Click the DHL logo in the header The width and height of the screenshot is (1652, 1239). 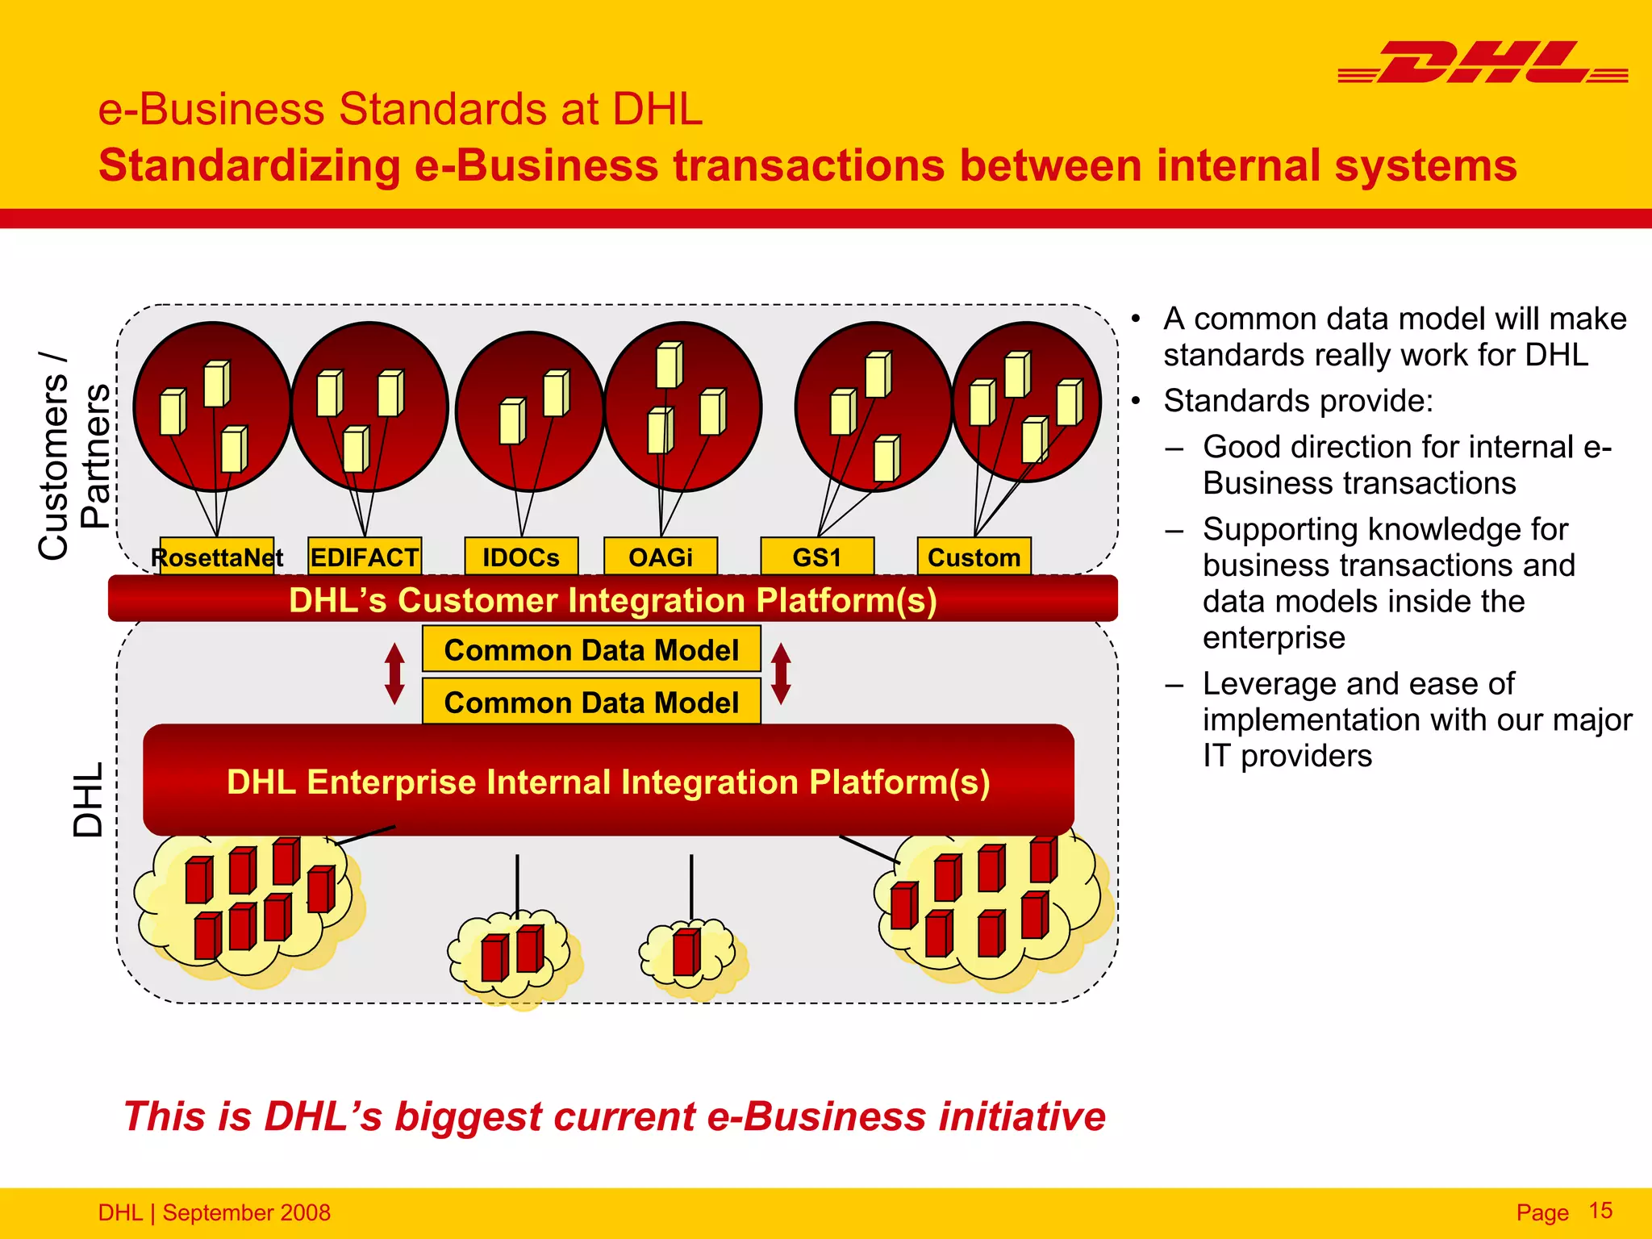1483,63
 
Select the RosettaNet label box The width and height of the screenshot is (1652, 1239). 216,557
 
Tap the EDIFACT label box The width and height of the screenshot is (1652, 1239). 365,557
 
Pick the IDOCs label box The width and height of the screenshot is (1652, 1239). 521,557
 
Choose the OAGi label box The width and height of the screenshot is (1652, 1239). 661,557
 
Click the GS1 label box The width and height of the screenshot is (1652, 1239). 817,557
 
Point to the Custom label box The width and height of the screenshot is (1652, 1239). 974,557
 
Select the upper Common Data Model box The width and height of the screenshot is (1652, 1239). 591,649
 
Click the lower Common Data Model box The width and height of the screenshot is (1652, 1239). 591,702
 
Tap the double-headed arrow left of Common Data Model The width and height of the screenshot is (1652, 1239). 394,674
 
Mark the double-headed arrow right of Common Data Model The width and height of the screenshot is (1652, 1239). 781,674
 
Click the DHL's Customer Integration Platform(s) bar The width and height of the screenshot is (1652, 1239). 613,599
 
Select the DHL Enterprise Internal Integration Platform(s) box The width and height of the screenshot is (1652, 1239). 608,781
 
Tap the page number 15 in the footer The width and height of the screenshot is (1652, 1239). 1600,1211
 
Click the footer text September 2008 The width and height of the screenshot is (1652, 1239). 246,1212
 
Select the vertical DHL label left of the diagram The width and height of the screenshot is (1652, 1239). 89,799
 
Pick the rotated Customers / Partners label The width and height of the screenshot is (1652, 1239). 74,456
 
